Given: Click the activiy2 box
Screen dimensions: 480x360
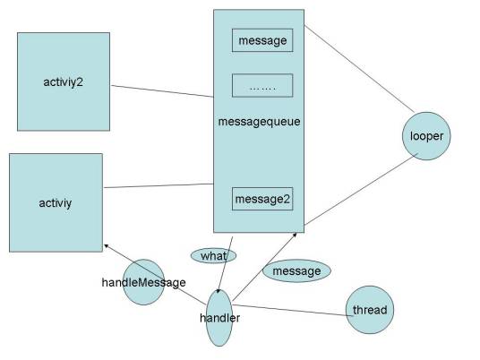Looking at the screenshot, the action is (x=64, y=81).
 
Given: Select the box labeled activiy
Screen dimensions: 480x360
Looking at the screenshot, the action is (x=56, y=202).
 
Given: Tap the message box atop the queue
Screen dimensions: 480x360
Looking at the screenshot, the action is (x=262, y=40).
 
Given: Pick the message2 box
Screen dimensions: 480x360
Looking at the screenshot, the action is (x=262, y=199).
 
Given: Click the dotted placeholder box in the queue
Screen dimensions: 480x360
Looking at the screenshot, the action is (x=262, y=85).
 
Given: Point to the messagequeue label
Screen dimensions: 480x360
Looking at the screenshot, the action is (x=260, y=122).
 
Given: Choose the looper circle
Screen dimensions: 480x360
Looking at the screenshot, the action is (x=426, y=136).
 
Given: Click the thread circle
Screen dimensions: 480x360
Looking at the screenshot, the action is (x=370, y=310).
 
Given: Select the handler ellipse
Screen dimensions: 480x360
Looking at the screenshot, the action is (x=219, y=318).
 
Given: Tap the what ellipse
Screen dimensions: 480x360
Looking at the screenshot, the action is (x=214, y=255).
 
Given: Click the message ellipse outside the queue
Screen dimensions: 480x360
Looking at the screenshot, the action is (x=297, y=271).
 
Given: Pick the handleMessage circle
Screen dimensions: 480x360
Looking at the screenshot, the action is (x=143, y=282).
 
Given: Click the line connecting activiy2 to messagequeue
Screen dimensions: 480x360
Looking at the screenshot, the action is (x=162, y=91).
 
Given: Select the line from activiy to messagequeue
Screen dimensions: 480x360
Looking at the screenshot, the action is (x=159, y=185).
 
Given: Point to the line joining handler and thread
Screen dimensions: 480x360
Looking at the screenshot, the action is (x=293, y=310).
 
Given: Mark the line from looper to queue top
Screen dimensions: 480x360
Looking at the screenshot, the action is (x=359, y=69).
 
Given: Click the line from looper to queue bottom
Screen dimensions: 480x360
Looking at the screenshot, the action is (x=361, y=190).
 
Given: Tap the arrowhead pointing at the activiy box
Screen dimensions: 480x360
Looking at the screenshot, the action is (x=107, y=245).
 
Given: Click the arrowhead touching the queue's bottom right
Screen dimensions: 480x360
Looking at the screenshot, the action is (x=295, y=235).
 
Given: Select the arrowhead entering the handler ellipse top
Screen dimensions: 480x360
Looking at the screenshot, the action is (x=218, y=291).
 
